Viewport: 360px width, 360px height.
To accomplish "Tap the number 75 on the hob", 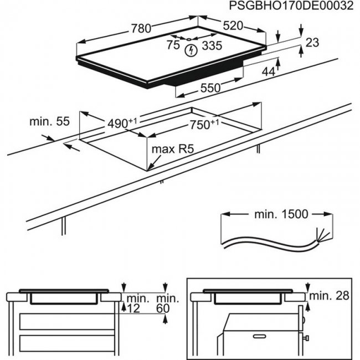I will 174,45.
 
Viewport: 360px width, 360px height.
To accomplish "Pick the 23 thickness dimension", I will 313,43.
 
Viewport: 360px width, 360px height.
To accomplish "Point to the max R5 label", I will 176,149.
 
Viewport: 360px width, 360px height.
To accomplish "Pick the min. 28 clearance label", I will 330,296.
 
